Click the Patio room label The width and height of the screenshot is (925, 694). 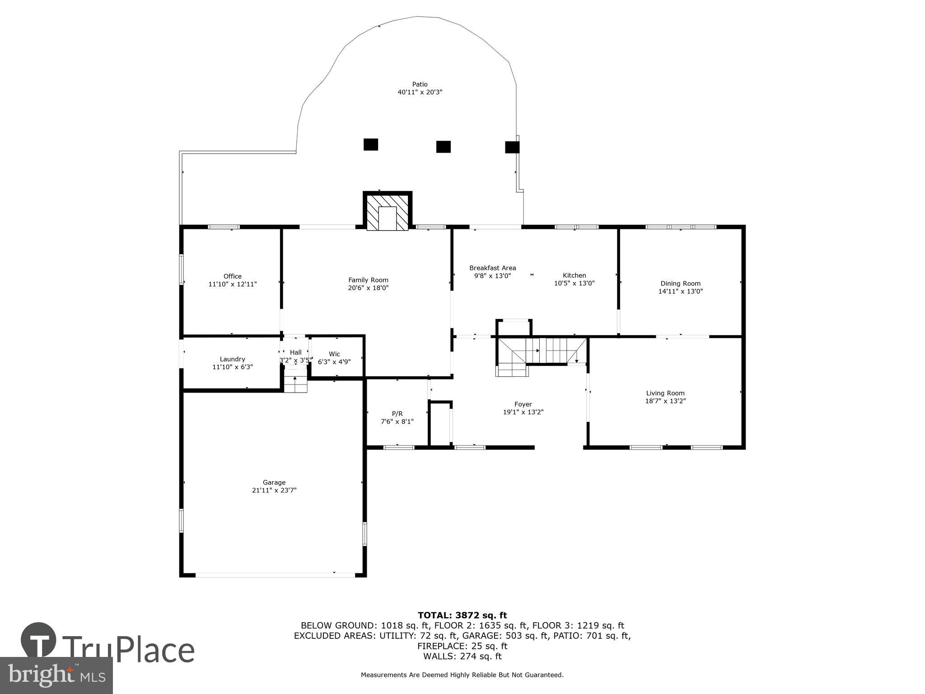click(420, 84)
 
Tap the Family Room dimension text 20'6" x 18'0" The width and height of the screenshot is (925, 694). click(368, 288)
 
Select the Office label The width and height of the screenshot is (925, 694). click(232, 276)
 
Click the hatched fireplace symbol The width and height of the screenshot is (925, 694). click(388, 212)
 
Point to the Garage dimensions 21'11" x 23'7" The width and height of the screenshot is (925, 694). click(274, 490)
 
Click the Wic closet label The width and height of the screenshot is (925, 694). click(334, 354)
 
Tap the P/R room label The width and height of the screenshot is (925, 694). click(397, 413)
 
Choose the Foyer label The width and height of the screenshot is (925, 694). click(523, 404)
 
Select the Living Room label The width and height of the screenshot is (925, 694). click(665, 393)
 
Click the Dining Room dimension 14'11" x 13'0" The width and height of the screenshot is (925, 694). click(680, 291)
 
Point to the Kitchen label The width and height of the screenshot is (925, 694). click(574, 275)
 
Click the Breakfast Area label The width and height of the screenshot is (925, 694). click(492, 267)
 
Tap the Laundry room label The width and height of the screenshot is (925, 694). click(232, 359)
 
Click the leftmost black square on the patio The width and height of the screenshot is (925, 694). click(370, 145)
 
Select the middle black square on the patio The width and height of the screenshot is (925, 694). click(443, 147)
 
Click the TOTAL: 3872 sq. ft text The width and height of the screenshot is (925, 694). click(462, 615)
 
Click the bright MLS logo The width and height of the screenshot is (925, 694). click(56, 675)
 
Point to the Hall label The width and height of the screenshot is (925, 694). click(295, 352)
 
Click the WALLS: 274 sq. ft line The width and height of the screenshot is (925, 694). click(462, 656)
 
